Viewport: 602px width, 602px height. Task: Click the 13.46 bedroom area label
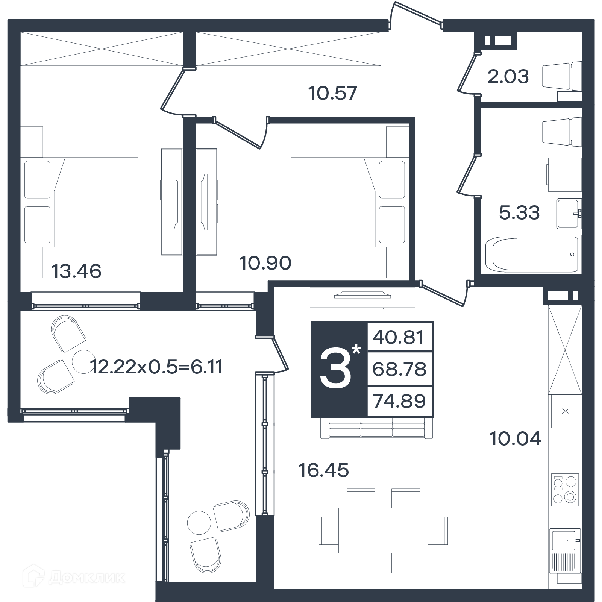76,271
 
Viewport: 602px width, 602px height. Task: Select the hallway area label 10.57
332,93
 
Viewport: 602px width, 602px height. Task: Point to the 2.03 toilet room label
508,76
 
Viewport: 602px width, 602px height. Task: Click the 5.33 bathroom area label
519,212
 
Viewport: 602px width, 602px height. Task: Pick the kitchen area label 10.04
515,438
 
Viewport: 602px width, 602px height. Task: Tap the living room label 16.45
323,470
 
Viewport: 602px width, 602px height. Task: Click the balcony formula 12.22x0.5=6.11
157,367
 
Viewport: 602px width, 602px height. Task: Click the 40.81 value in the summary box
399,337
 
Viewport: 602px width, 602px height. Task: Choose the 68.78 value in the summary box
399,369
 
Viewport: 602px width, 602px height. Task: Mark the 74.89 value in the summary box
399,401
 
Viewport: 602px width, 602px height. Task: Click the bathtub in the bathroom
531,254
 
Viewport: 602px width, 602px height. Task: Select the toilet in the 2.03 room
562,77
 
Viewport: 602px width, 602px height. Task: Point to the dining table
383,531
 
